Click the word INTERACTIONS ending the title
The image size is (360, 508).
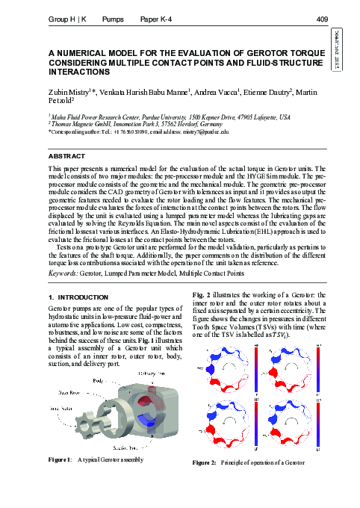[78, 72]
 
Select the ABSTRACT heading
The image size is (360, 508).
[66, 156]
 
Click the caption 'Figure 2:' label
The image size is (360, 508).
[204, 463]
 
